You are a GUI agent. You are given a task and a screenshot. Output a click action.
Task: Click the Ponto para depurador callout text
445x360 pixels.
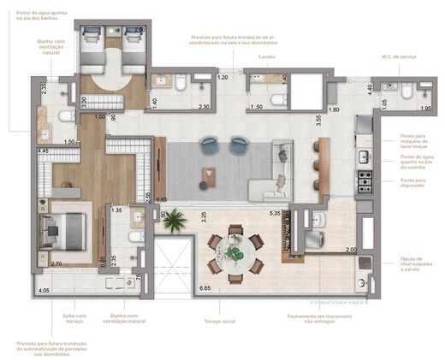413,181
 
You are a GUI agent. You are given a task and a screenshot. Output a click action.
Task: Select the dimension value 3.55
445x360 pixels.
317,121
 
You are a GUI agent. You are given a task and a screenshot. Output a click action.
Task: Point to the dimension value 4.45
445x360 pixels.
43,151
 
